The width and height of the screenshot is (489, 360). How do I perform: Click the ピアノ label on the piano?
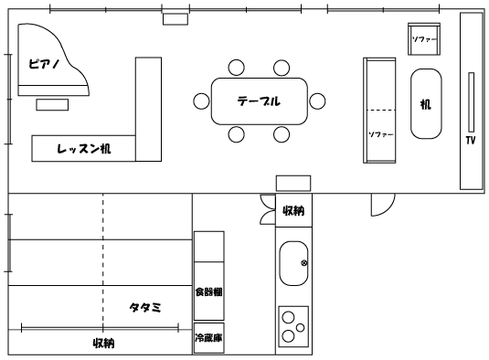coord(43,64)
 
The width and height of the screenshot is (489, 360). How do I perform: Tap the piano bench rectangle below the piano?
coord(52,105)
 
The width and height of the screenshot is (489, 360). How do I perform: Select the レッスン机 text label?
coord(83,149)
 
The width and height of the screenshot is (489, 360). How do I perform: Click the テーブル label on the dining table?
coord(259,101)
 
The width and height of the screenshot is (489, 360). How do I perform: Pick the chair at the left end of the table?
coord(201,101)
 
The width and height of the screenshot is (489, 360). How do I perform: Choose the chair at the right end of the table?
coord(317,101)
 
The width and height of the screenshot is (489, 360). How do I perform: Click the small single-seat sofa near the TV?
coord(424,39)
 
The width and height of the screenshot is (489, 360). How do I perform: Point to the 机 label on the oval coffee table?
coord(426,104)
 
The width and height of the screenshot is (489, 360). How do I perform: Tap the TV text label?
coord(471,141)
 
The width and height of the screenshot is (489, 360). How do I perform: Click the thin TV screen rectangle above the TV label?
coord(472,102)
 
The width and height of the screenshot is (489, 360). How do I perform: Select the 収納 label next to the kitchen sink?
coord(293,211)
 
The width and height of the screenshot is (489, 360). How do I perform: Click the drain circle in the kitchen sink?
coord(304,263)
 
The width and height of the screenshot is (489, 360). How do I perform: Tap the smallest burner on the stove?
coord(301,328)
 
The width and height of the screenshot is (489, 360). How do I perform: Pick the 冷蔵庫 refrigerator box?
coord(209,338)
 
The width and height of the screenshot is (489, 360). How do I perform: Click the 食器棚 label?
coord(208,291)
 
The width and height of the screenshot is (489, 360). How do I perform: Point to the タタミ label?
coord(145,308)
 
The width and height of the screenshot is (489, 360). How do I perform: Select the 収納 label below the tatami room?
coord(104,344)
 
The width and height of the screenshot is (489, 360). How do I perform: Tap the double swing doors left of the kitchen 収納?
coord(268,209)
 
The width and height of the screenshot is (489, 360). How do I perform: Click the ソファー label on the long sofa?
coord(381,134)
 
